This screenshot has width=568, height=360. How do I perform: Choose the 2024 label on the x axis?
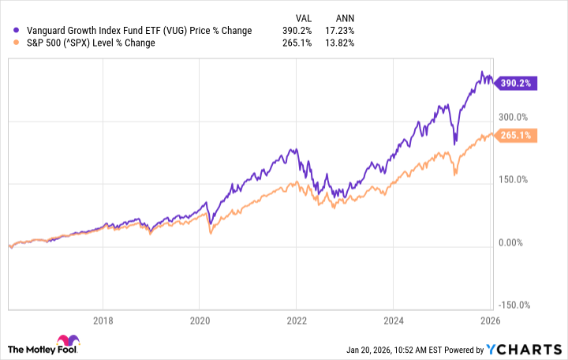(393, 321)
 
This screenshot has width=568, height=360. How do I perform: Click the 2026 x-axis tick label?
(489, 321)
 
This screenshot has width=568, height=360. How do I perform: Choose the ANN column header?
(344, 16)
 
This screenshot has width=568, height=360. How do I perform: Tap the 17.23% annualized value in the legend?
(341, 31)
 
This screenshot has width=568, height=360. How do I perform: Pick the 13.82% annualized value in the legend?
(341, 43)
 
